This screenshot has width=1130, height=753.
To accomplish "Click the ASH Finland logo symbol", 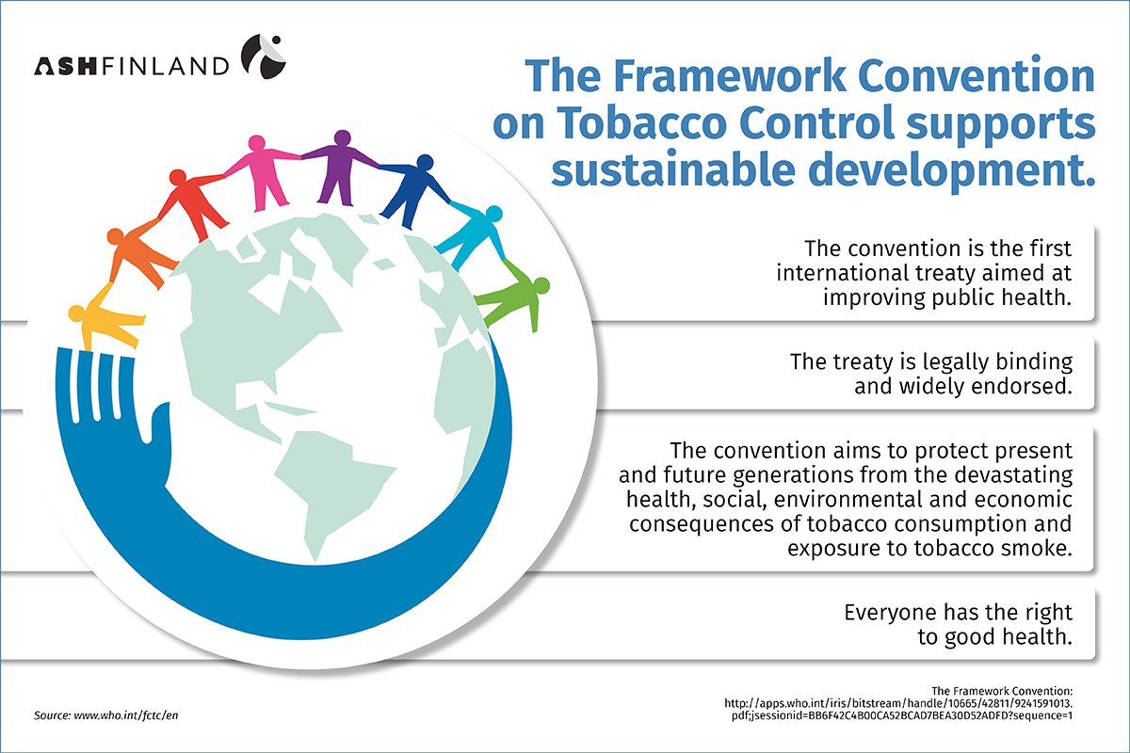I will pyautogui.click(x=261, y=56).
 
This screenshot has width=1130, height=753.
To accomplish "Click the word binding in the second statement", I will pyautogui.click(x=1024, y=361).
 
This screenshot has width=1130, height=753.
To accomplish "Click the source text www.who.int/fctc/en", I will pyautogui.click(x=128, y=715).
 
